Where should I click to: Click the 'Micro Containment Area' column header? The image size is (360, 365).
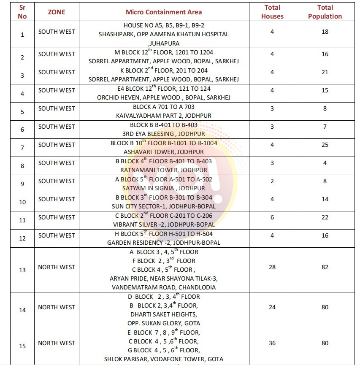[x=164, y=12]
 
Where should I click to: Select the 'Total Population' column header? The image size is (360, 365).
[x=325, y=12]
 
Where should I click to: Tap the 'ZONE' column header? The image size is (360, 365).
[x=57, y=12]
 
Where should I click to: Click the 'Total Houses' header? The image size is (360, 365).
[x=272, y=12]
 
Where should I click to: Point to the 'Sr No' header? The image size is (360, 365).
[x=22, y=12]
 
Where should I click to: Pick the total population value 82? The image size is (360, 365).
[x=325, y=267]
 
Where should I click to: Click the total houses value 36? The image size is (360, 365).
[x=272, y=343]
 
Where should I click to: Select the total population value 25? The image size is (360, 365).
[x=325, y=145]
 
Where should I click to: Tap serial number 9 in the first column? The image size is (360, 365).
[x=22, y=184]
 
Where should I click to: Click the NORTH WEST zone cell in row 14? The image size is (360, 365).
[x=57, y=307]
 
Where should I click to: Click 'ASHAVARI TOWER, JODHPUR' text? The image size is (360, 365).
[x=164, y=152]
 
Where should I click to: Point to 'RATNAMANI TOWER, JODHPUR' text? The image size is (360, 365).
[x=164, y=170]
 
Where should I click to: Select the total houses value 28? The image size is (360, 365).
[x=272, y=267]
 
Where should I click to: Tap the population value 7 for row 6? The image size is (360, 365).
[x=325, y=127]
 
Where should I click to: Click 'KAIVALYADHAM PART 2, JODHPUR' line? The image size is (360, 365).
[x=164, y=116]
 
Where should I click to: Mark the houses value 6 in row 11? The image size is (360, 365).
[x=272, y=217]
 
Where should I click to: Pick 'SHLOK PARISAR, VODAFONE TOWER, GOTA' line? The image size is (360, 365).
[x=164, y=359]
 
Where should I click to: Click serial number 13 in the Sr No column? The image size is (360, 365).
[x=22, y=270]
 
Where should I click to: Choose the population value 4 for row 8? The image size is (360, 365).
[x=325, y=163]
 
